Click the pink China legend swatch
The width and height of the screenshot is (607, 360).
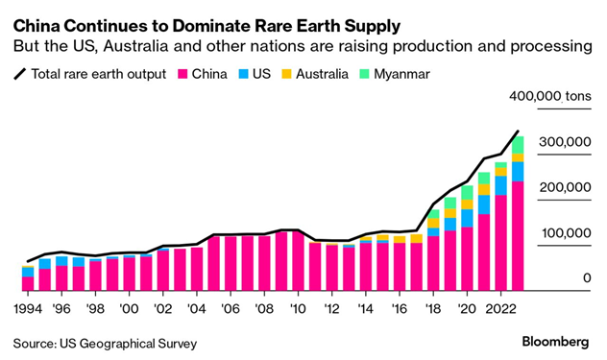(182, 74)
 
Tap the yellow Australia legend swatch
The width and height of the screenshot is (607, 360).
(288, 74)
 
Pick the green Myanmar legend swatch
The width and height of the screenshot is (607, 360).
(366, 74)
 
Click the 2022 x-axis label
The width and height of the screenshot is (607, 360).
(499, 309)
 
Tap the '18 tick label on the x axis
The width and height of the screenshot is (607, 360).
(434, 309)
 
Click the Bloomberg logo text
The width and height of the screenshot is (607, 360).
(556, 342)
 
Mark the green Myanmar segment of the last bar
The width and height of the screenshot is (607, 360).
(518, 144)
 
